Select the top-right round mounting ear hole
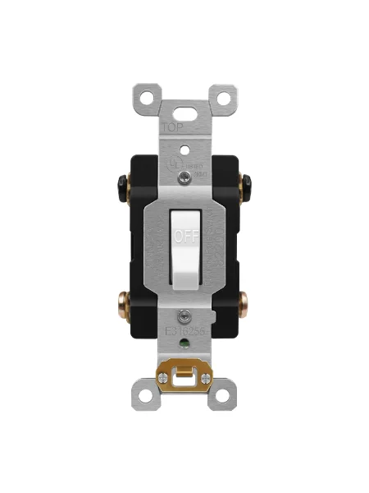coord(221,97)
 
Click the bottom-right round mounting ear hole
coord(221,396)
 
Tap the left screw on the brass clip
coord(167,379)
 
